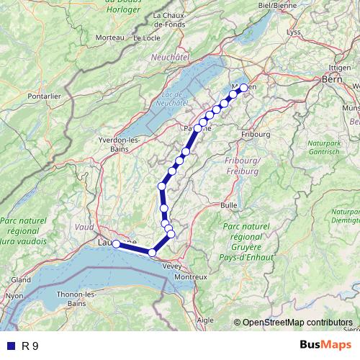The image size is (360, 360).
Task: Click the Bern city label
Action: coord(331,79)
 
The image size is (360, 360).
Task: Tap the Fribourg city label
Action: coord(256,134)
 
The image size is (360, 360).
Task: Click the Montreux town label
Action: coord(191,277)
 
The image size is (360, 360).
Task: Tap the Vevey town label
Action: coord(172,266)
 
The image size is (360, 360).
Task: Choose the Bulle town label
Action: coord(229,205)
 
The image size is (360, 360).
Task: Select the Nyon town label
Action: coord(14,295)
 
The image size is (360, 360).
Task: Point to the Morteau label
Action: coord(109,37)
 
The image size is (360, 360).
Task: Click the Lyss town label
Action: coord(293,32)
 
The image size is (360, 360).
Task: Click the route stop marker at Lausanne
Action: coord(117,244)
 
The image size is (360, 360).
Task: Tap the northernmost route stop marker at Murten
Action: coord(243,88)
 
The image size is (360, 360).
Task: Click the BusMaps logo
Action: coord(323,345)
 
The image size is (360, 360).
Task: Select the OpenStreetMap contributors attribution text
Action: coord(297,323)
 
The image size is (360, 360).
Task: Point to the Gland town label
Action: coord(20,279)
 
